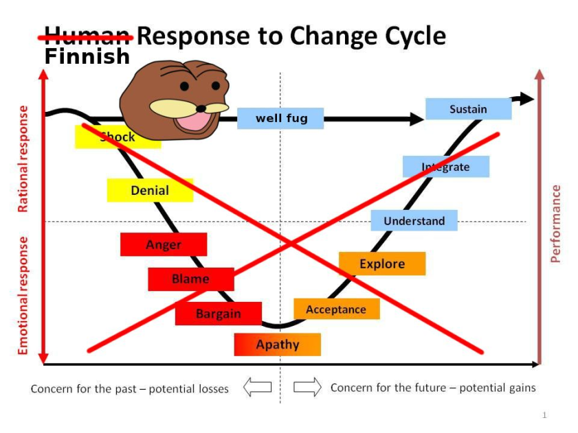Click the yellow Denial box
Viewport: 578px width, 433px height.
150,190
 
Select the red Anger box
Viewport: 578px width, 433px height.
164,244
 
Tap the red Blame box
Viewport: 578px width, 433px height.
190,279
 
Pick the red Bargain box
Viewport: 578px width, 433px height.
218,314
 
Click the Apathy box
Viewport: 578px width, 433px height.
277,344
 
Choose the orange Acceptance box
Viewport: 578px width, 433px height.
336,309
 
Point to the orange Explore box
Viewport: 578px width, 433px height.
382,264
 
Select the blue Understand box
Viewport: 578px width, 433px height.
414,220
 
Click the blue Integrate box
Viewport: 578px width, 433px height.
445,167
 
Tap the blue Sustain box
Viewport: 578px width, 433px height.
468,109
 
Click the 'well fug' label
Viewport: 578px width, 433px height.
281,118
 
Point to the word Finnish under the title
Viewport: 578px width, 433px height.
87,56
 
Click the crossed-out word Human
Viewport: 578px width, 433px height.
87,36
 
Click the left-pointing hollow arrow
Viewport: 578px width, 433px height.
258,388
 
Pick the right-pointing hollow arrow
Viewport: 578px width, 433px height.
307,388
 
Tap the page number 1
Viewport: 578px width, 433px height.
544,415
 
